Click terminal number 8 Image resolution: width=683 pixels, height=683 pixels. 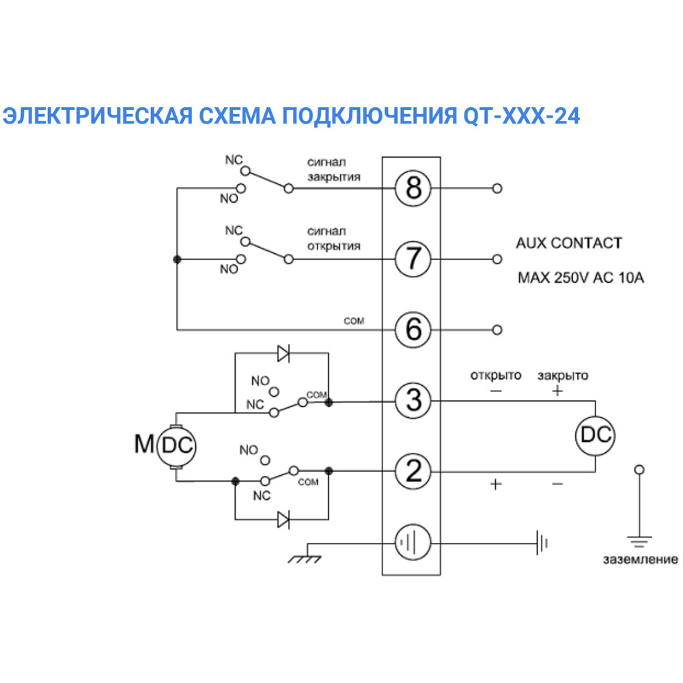pyautogui.click(x=414, y=188)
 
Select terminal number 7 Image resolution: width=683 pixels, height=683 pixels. pyautogui.click(x=414, y=259)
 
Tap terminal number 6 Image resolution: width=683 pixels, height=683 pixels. pyautogui.click(x=414, y=330)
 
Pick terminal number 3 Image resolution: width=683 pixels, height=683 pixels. pyautogui.click(x=414, y=401)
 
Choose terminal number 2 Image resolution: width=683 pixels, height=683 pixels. pyautogui.click(x=414, y=472)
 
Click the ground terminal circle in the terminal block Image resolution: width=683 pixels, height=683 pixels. pyautogui.click(x=414, y=544)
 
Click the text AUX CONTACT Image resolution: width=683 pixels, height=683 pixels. pyautogui.click(x=569, y=243)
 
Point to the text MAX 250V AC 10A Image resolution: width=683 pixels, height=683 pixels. pyautogui.click(x=581, y=279)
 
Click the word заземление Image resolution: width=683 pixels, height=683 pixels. pyautogui.click(x=640, y=560)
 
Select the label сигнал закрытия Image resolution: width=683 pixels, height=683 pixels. pyautogui.click(x=333, y=169)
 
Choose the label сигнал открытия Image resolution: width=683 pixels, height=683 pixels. pyautogui.click(x=333, y=238)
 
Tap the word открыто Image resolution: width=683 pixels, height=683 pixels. pyautogui.click(x=495, y=375)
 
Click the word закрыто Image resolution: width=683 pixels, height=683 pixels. pyautogui.click(x=562, y=375)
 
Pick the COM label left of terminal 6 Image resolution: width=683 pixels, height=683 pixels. pyautogui.click(x=354, y=321)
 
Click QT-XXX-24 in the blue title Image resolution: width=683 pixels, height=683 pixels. pyautogui.click(x=516, y=116)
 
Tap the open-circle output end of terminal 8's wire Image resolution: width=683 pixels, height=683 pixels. pyautogui.click(x=497, y=188)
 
